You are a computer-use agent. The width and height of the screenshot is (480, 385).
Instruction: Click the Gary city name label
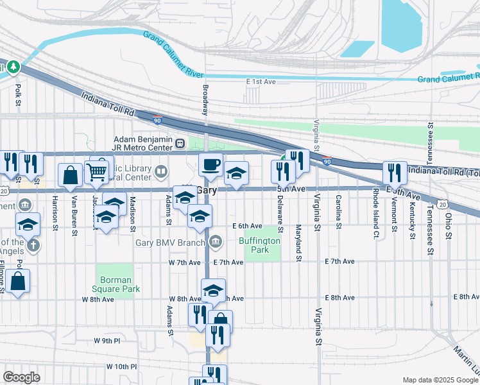208,191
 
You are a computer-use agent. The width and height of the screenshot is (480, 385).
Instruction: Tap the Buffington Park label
259,245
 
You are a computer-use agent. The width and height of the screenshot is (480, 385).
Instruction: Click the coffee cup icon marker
210,166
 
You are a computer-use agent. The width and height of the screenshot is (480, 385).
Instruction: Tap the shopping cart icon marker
97,171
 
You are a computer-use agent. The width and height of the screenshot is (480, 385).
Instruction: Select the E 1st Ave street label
261,81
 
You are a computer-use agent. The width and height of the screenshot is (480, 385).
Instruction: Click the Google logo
21,377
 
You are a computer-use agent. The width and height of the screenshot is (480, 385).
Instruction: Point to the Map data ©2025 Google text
440,380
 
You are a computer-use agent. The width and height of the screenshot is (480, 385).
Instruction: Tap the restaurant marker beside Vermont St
395,173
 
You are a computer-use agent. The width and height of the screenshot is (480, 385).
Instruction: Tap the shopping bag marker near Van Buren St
69,175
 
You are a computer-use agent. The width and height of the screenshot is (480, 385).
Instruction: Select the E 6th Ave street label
247,226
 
